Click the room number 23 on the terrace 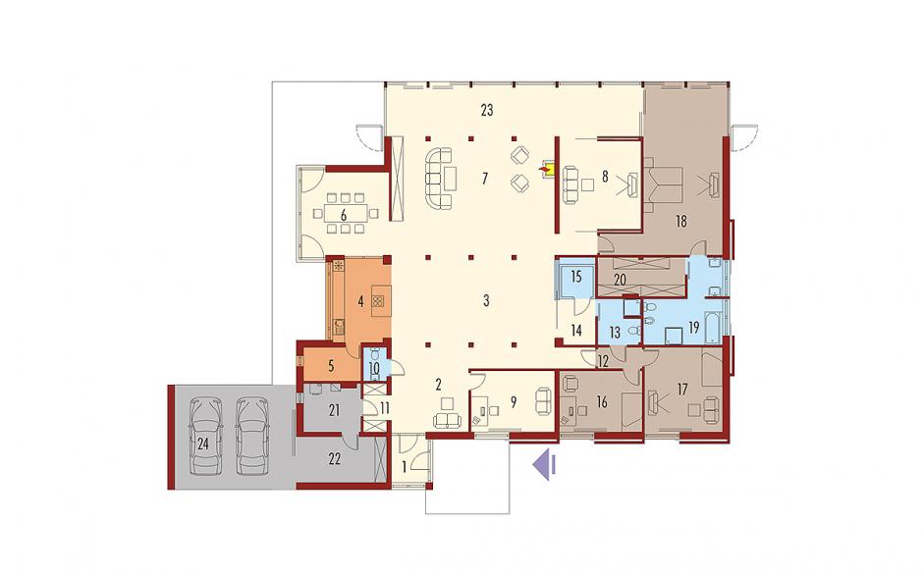[486, 110]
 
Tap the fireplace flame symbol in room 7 [548, 170]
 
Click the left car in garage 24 [205, 436]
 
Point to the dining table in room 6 [344, 212]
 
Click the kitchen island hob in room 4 [379, 302]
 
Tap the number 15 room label [575, 276]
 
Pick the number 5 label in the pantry [332, 366]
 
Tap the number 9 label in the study [514, 402]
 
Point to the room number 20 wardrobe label [620, 281]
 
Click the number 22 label [335, 459]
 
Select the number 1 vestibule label [405, 468]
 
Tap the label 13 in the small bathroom [615, 334]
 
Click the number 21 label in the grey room [334, 411]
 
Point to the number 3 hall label [486, 300]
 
